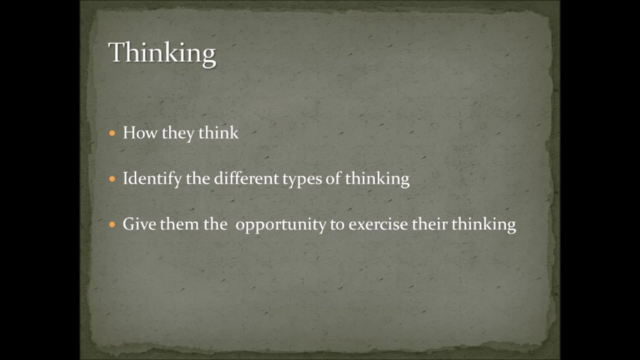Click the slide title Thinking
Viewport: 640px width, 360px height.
tap(162, 53)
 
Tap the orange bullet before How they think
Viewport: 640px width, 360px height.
tap(112, 133)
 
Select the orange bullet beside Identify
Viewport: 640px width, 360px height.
tap(112, 179)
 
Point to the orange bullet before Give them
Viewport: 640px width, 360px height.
tap(112, 224)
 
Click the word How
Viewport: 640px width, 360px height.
tap(140, 133)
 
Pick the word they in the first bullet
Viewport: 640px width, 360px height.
tap(178, 133)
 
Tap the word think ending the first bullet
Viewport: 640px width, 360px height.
tap(218, 133)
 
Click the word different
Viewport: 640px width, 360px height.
tap(246, 178)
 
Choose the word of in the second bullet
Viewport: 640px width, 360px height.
tap(333, 178)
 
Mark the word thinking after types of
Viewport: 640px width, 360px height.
tap(377, 179)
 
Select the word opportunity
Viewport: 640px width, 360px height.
tap(281, 225)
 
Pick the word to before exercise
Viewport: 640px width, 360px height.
tap(337, 224)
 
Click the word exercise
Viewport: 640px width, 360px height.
tap(378, 224)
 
